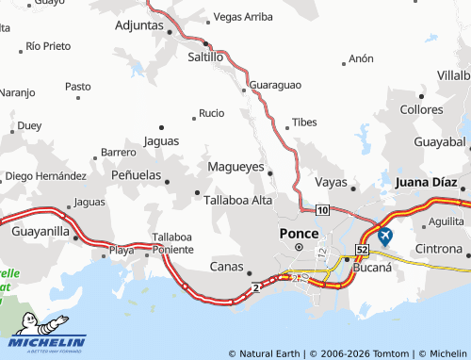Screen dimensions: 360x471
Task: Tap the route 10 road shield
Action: (322, 210)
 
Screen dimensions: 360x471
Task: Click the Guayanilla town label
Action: (41, 229)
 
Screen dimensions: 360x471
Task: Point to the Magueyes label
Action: (235, 167)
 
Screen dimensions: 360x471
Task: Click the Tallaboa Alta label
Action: (238, 199)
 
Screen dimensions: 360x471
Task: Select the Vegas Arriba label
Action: (243, 17)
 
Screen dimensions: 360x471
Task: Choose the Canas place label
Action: (226, 266)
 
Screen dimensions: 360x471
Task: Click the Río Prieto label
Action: (48, 45)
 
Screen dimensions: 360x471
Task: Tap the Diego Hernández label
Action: (46, 176)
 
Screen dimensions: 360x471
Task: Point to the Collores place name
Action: (421, 109)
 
